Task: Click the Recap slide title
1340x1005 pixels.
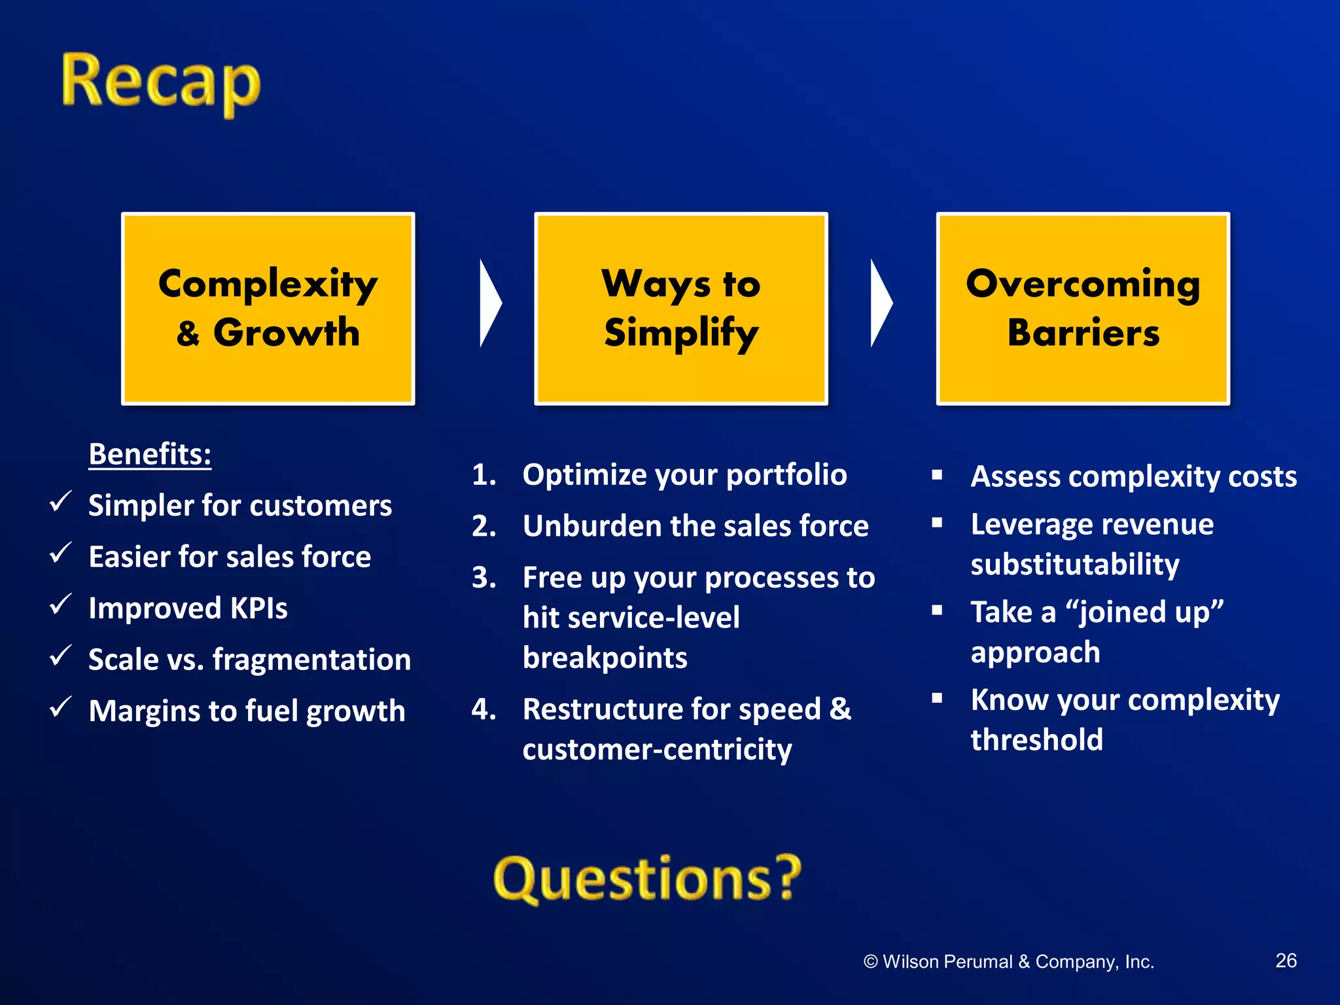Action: point(161,84)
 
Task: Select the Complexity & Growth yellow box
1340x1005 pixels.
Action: point(268,309)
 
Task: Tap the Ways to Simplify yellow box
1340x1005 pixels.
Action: point(681,309)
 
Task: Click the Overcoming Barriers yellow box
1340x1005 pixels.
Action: point(1083,309)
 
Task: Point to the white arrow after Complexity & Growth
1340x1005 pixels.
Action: point(489,303)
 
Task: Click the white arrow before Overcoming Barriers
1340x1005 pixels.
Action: point(880,303)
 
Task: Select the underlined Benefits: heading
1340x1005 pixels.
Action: point(150,454)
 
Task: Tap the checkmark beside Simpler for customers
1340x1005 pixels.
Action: point(60,502)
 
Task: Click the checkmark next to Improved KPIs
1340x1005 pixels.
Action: point(60,605)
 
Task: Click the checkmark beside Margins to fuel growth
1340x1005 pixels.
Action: point(60,707)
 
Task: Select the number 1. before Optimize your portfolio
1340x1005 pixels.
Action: point(484,475)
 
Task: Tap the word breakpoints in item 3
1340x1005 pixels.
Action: point(605,658)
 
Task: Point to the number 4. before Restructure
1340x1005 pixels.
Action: point(484,709)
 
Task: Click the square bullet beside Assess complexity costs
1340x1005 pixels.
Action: point(937,475)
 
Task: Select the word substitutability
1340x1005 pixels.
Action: point(1075,565)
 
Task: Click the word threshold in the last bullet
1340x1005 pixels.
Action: point(1036,740)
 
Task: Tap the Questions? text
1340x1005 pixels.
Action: point(647,879)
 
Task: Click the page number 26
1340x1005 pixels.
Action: point(1286,961)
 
